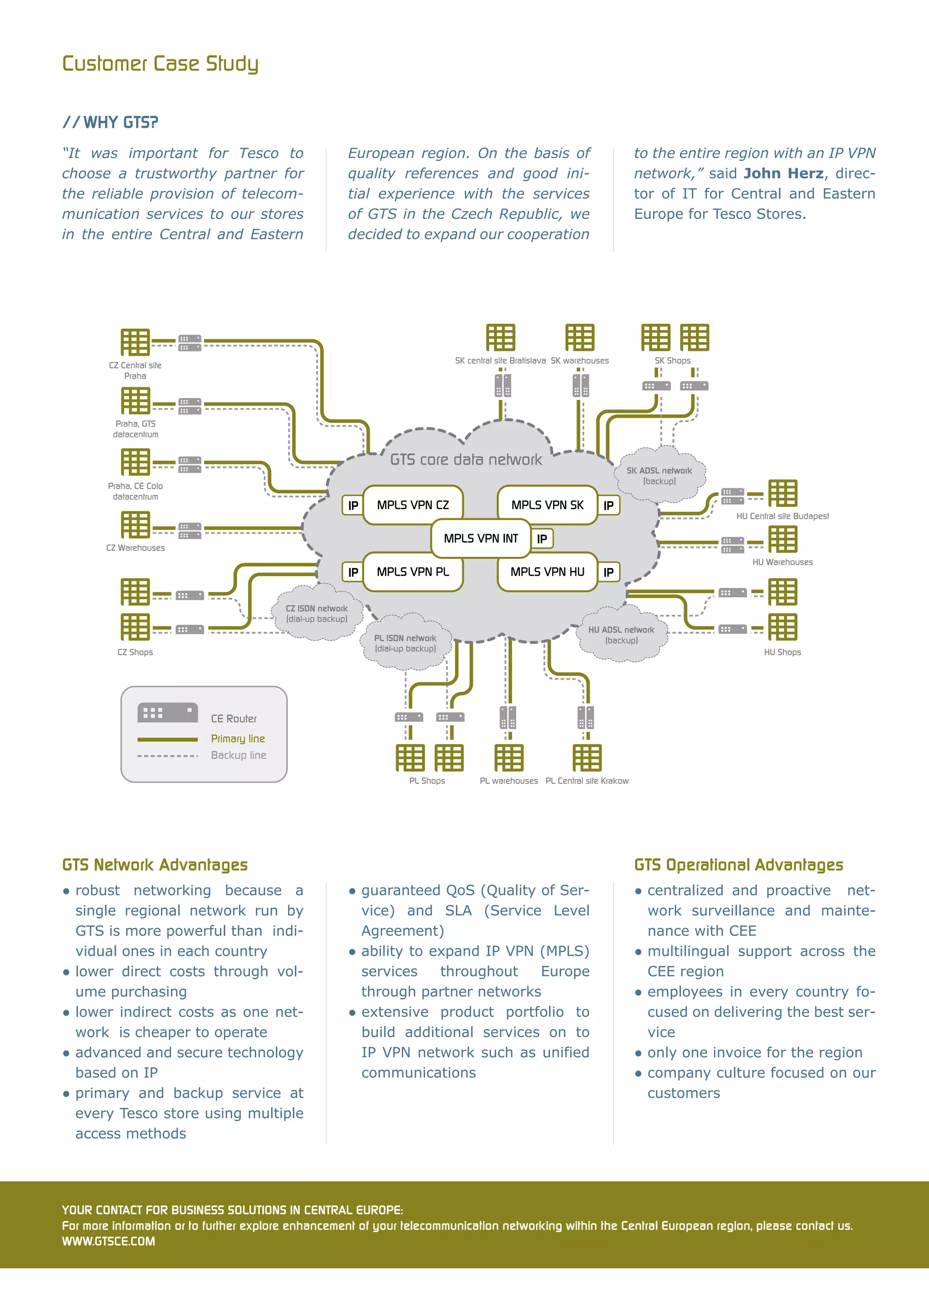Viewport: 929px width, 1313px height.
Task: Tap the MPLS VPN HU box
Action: click(547, 571)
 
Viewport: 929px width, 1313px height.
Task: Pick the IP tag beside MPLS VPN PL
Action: click(353, 572)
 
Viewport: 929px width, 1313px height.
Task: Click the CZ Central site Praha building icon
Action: click(135, 342)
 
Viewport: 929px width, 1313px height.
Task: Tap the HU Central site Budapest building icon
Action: click(782, 493)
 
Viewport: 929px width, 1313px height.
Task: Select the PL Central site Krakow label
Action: click(587, 781)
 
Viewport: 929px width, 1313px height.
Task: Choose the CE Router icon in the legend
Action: click(167, 713)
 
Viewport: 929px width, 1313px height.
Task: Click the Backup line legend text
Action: click(239, 755)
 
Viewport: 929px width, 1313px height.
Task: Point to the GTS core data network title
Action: click(466, 459)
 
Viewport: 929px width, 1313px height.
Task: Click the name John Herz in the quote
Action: click(784, 173)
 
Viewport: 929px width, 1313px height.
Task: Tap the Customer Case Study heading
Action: click(160, 63)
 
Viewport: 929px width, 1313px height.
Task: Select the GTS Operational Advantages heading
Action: click(738, 865)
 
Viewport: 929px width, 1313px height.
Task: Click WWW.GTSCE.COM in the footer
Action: click(109, 1241)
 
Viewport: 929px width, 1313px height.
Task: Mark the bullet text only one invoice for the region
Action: click(754, 1052)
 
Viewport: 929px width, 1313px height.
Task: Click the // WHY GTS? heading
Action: click(110, 122)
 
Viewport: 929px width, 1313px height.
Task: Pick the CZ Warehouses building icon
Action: click(135, 525)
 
